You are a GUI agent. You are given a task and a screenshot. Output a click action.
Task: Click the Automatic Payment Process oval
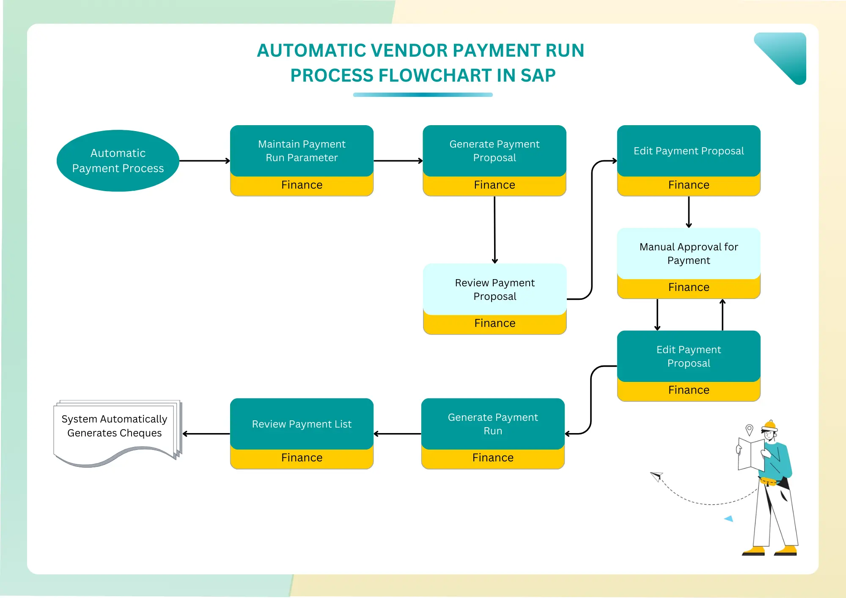point(118,161)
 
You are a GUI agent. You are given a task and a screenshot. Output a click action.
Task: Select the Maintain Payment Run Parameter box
point(302,151)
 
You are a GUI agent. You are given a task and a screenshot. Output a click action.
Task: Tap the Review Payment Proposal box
point(494,289)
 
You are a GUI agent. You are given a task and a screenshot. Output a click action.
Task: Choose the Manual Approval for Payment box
point(689,253)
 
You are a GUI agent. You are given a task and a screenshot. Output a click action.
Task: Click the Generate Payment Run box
point(493,424)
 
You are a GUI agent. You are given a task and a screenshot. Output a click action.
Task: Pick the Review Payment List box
point(302,424)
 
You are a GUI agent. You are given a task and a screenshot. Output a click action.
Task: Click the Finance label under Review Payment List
point(302,458)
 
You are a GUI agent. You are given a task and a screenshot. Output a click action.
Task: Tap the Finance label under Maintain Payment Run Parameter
point(302,185)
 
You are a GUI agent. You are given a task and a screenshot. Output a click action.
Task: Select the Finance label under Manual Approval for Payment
point(689,288)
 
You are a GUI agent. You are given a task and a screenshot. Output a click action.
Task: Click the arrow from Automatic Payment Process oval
point(204,161)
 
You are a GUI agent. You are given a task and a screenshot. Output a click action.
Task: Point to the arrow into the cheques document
point(206,434)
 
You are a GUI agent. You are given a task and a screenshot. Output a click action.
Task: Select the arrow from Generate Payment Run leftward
point(397,434)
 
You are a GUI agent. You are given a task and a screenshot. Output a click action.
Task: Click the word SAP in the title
point(538,76)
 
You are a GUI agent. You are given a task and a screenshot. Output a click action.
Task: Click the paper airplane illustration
point(656,476)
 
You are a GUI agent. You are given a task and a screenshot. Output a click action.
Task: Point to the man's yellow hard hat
point(770,425)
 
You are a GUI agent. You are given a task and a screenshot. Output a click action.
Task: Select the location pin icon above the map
point(749,429)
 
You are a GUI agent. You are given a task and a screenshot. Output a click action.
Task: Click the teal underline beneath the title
point(423,95)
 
